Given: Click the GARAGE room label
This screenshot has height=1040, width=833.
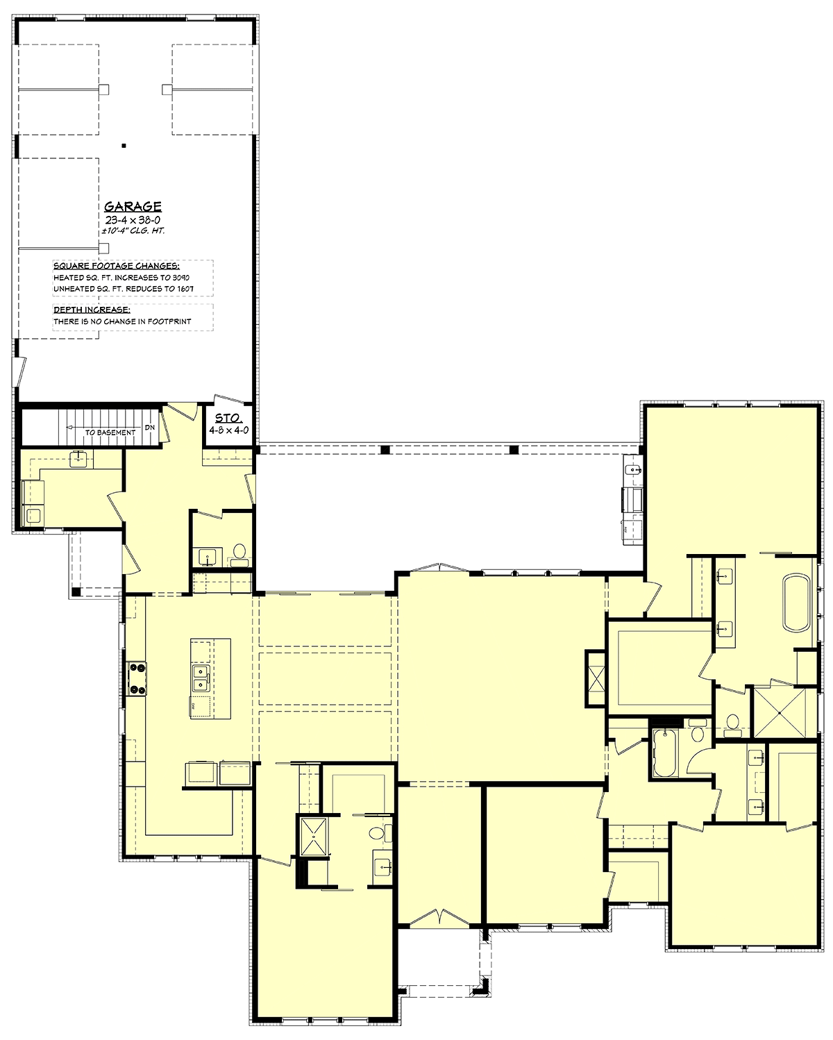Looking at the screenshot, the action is (x=133, y=206).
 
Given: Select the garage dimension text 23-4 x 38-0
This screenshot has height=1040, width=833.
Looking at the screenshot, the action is (x=133, y=220).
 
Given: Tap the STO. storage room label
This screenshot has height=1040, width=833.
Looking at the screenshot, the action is (x=228, y=419).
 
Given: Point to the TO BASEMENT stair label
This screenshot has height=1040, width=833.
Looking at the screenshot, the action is (x=110, y=433).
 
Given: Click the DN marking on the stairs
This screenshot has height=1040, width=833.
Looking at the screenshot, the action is (x=150, y=428).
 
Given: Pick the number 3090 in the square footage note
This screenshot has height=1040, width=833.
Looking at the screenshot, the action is (x=180, y=278).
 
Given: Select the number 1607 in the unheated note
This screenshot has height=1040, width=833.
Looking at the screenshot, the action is (x=185, y=289).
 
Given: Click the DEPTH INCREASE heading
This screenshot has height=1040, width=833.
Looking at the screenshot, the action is (x=92, y=310).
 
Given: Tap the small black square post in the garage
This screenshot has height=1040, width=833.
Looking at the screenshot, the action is (x=124, y=146).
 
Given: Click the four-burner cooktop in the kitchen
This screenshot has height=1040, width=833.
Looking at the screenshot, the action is (x=137, y=678).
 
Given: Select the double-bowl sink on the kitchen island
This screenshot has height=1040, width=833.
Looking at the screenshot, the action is (x=201, y=678).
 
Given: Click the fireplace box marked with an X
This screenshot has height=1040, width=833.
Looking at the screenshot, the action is (x=595, y=680).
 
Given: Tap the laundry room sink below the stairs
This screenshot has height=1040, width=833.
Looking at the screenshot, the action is (x=78, y=459).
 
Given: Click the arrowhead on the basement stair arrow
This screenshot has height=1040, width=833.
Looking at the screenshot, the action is (x=69, y=428).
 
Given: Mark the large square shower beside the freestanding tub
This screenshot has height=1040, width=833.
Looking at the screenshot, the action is (x=780, y=712).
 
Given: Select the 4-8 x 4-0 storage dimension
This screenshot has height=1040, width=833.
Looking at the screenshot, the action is (x=228, y=430).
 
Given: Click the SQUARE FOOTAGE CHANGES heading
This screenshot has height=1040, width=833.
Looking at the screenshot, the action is (x=117, y=267).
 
